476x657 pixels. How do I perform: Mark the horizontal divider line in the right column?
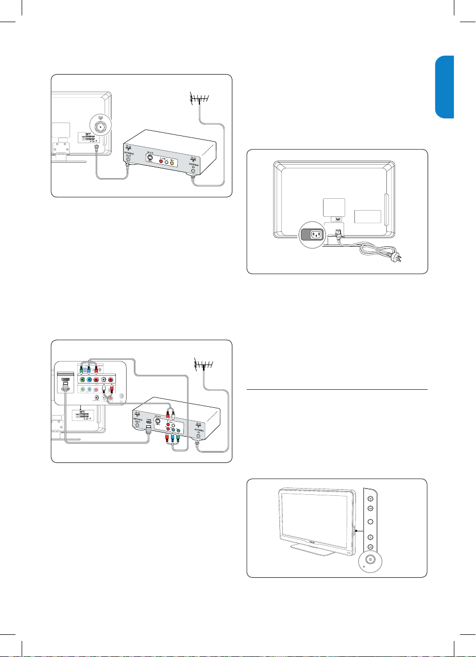[336, 390]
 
